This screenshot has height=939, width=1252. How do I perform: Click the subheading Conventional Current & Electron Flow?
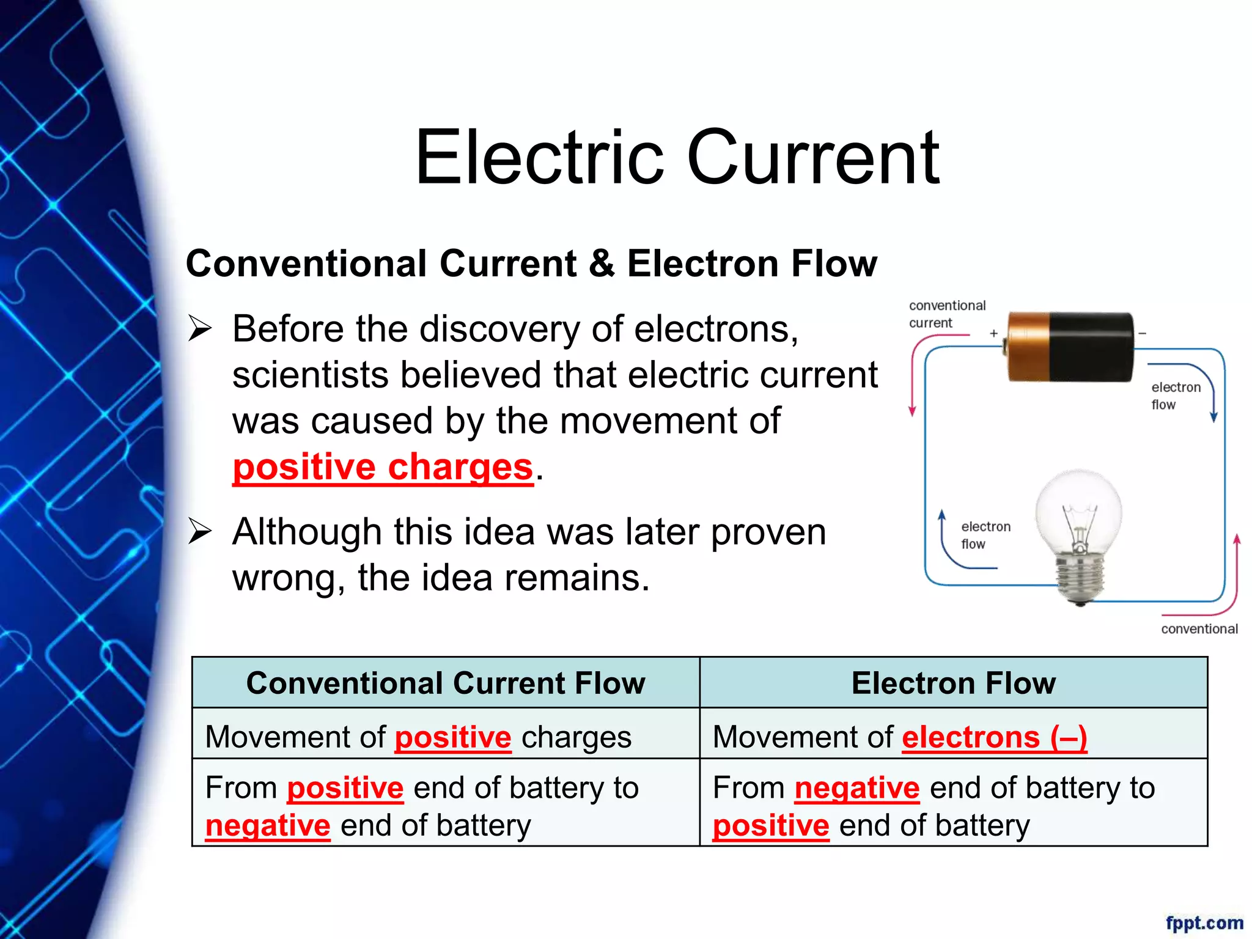pyautogui.click(x=531, y=263)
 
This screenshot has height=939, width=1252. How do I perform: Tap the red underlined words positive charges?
pyautogui.click(x=383, y=467)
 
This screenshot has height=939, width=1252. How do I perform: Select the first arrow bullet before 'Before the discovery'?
pyautogui.click(x=200, y=328)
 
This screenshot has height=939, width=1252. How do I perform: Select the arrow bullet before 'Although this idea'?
pyautogui.click(x=200, y=531)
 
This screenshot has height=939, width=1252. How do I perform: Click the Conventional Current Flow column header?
pyautogui.click(x=446, y=683)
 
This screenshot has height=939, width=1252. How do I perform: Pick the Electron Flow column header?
pyautogui.click(x=953, y=683)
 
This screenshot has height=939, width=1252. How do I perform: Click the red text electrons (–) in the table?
pyautogui.click(x=994, y=737)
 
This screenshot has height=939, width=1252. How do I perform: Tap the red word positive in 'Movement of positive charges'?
pyautogui.click(x=452, y=737)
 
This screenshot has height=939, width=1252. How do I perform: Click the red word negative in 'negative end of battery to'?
pyautogui.click(x=856, y=787)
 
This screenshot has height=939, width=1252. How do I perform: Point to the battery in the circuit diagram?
pyautogui.click(x=1070, y=347)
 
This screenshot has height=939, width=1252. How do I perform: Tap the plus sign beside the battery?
pyautogui.click(x=993, y=333)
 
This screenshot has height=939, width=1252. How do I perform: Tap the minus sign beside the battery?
pyautogui.click(x=1142, y=334)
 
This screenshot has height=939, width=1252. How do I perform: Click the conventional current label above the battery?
pyautogui.click(x=946, y=314)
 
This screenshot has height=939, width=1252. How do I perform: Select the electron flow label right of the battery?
pyautogui.click(x=1175, y=396)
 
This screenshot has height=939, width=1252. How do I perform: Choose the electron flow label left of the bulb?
pyautogui.click(x=985, y=535)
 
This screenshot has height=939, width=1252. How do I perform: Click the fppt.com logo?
pyautogui.click(x=1204, y=922)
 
